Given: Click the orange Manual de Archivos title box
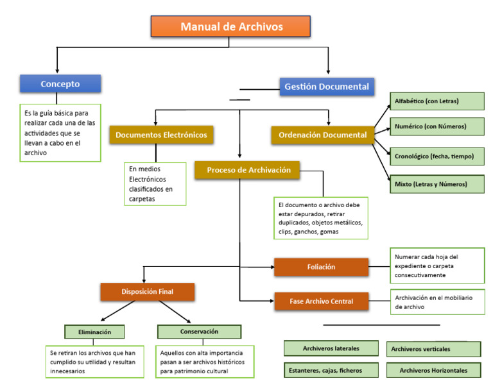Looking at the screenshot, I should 231,26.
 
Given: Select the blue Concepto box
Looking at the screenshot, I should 60,84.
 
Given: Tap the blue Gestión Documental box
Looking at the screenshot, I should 327,87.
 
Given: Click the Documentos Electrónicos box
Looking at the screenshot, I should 160,135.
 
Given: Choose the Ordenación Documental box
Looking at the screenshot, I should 322,135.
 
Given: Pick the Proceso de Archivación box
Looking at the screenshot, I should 248,170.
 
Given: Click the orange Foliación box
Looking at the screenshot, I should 321,267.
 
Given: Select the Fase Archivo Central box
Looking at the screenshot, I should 321,300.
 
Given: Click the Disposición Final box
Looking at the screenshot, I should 147,292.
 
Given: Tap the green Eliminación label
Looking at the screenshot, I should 94,332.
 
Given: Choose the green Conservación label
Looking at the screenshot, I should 199,332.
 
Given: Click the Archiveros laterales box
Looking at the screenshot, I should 331,348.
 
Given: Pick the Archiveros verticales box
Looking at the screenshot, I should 433,349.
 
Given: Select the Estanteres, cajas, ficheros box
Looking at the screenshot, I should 331,370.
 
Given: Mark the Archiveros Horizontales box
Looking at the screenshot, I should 433,371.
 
